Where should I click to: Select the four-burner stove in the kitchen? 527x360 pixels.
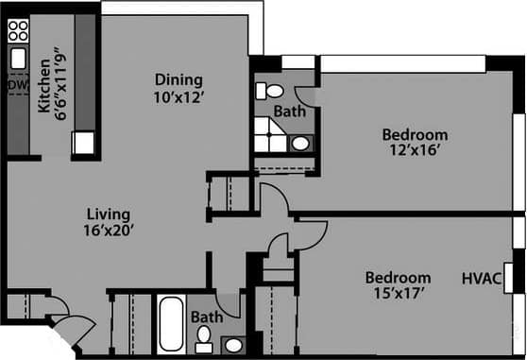click(x=18, y=31)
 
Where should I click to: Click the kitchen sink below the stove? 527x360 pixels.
click(x=18, y=59)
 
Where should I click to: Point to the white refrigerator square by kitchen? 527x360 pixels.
click(x=84, y=144)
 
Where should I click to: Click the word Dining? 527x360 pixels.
click(x=179, y=80)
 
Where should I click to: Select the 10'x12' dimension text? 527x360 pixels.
click(x=179, y=96)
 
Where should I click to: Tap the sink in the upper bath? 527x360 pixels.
click(x=299, y=144)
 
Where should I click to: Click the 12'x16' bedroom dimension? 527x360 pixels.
click(x=415, y=149)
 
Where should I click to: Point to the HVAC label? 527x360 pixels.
click(x=481, y=279)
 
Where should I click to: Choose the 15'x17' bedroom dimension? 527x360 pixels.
click(x=399, y=294)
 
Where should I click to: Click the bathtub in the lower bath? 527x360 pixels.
click(x=172, y=325)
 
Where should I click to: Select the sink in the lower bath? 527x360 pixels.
click(x=232, y=344)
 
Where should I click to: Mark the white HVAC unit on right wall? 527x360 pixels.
click(x=509, y=279)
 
